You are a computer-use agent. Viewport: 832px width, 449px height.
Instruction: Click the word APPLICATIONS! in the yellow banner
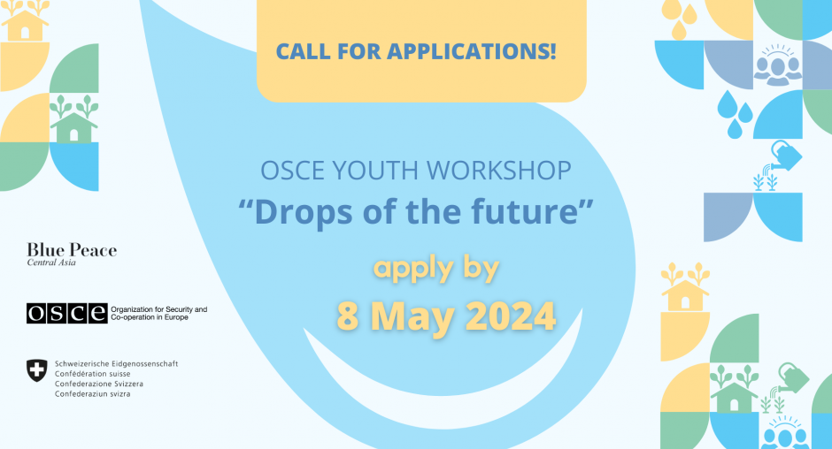click(472, 51)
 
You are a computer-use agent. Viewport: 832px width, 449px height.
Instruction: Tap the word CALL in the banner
click(303, 51)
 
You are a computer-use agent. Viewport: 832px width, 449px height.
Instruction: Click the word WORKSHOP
click(499, 171)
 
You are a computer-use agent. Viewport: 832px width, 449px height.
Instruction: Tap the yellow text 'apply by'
click(436, 268)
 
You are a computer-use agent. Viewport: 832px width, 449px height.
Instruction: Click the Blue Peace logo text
click(72, 250)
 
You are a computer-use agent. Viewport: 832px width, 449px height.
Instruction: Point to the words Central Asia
click(51, 263)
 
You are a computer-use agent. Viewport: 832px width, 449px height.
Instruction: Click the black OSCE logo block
click(67, 313)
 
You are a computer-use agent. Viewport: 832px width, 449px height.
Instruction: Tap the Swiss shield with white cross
click(36, 370)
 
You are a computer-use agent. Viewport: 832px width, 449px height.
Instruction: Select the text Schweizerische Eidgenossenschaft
click(116, 363)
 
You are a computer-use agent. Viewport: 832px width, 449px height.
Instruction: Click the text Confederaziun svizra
click(92, 394)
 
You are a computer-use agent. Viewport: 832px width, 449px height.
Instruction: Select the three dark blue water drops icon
click(735, 115)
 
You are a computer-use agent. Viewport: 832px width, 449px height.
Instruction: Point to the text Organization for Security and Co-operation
click(158, 313)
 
